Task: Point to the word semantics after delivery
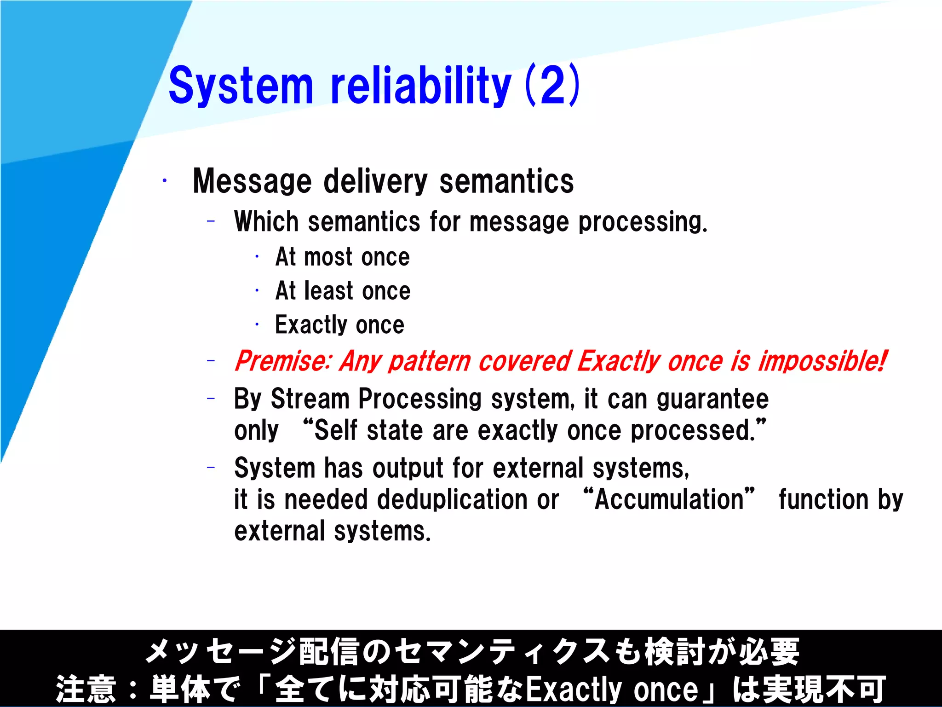pyautogui.click(x=506, y=181)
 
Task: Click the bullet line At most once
pyautogui.click(x=342, y=257)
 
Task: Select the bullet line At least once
pyautogui.click(x=343, y=291)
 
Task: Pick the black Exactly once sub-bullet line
pyautogui.click(x=339, y=325)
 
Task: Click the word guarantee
pyautogui.click(x=712, y=399)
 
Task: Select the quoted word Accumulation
pyautogui.click(x=669, y=499)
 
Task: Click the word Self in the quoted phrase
pyautogui.click(x=335, y=431)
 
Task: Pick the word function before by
pyautogui.click(x=823, y=499)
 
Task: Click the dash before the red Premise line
pyautogui.click(x=211, y=360)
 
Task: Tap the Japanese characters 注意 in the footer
pyautogui.click(x=86, y=689)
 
